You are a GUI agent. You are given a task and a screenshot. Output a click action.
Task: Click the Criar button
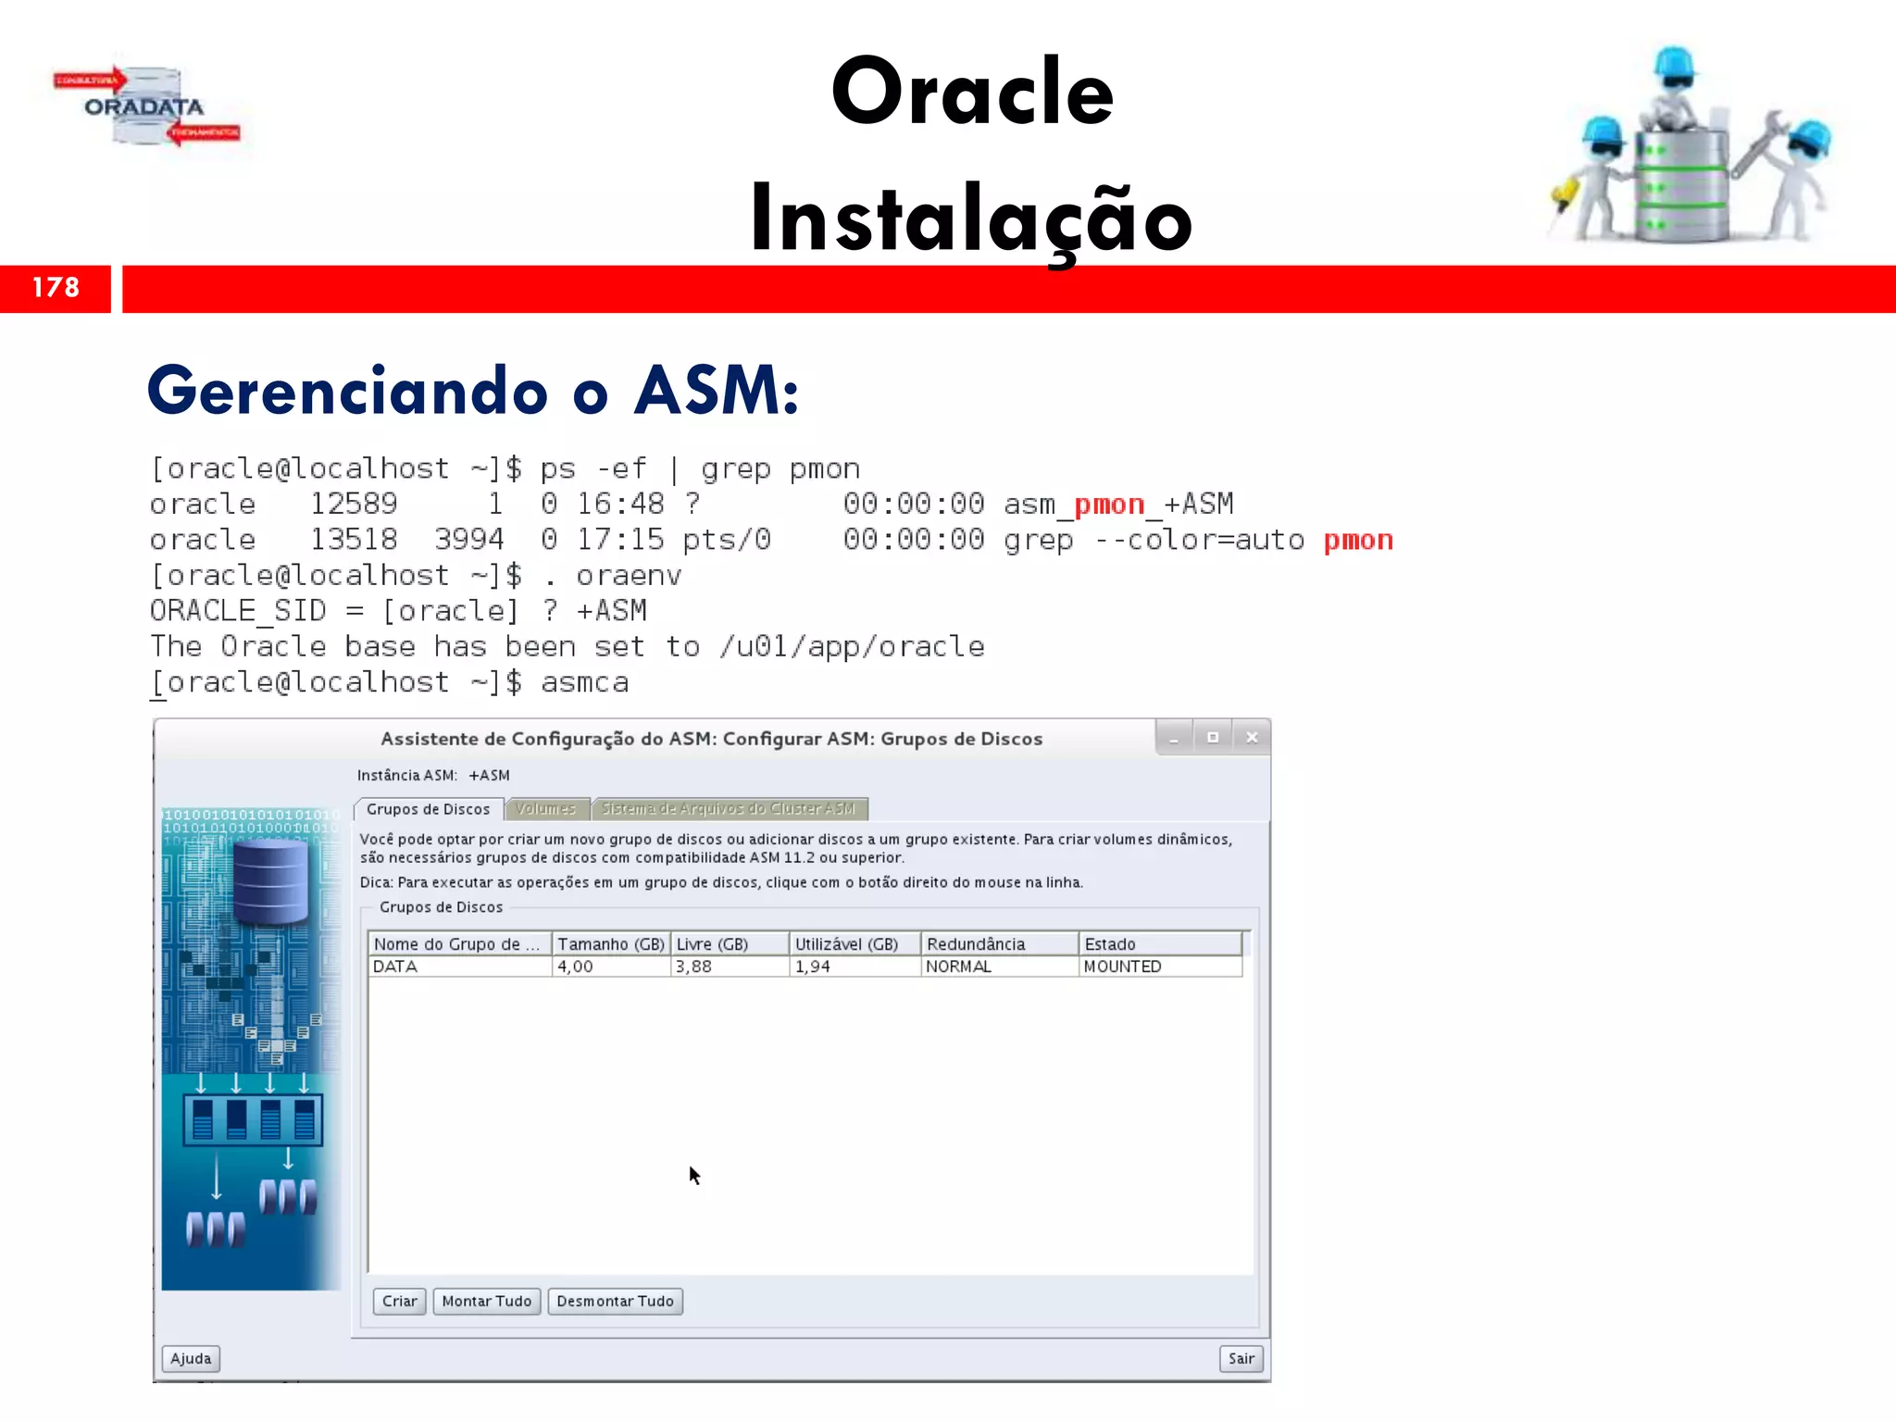point(399,1301)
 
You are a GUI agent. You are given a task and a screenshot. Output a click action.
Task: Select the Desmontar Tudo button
point(615,1301)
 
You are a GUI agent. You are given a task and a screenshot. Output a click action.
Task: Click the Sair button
point(1241,1358)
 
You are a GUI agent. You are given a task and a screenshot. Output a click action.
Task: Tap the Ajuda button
point(191,1358)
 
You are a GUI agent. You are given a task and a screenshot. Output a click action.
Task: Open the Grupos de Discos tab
point(428,809)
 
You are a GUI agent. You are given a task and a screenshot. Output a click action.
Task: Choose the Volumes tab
point(545,809)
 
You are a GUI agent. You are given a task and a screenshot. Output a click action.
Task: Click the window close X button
point(1252,738)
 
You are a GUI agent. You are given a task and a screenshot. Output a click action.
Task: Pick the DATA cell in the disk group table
point(395,967)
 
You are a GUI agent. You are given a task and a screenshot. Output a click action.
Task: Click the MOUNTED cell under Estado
point(1122,967)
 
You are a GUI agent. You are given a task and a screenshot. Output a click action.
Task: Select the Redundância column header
point(976,944)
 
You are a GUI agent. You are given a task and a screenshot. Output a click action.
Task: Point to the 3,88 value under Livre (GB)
point(693,967)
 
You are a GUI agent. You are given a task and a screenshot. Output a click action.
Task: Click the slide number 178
point(56,288)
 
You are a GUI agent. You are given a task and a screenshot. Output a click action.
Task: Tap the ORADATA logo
point(145,106)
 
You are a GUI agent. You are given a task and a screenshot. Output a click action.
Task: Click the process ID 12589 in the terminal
point(354,505)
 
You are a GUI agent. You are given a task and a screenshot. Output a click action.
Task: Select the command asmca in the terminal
point(584,683)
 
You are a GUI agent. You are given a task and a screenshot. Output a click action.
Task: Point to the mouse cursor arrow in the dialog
point(694,1174)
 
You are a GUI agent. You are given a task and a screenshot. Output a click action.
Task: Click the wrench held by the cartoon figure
point(1765,139)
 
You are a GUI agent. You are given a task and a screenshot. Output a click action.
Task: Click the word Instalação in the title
point(970,219)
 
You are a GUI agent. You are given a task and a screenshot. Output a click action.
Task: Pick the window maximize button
point(1212,738)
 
